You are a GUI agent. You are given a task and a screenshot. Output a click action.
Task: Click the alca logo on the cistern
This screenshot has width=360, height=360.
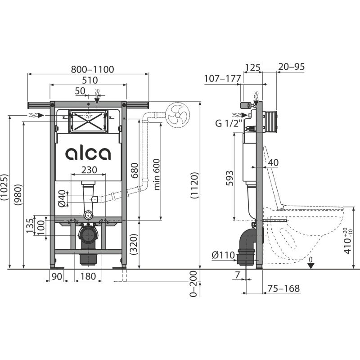[x=88, y=154]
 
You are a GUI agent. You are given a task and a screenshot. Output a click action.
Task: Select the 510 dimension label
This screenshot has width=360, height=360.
[x=89, y=80]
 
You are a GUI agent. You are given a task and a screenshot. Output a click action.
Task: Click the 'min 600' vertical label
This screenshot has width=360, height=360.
[x=156, y=174]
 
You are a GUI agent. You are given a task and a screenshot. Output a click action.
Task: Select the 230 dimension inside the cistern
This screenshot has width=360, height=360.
[x=88, y=169]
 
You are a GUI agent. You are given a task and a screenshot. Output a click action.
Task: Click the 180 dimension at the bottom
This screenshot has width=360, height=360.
[x=88, y=277]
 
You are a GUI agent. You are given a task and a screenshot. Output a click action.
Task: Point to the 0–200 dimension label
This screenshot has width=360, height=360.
[x=194, y=284]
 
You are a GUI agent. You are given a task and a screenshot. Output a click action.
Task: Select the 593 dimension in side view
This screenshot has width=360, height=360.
[x=229, y=178]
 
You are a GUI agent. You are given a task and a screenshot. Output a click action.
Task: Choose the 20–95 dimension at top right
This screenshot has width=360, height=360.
[x=291, y=67]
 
